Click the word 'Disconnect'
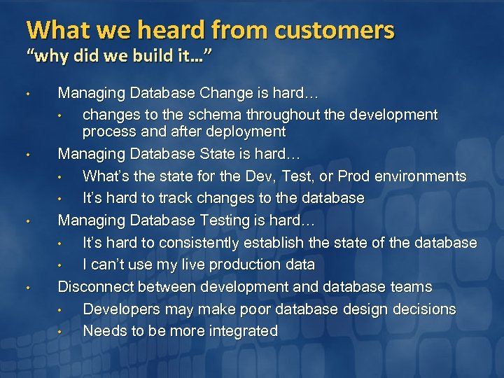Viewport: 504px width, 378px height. [x=95, y=287]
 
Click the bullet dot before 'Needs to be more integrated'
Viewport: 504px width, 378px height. [x=61, y=332]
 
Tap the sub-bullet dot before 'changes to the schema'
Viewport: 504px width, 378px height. [x=61, y=115]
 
